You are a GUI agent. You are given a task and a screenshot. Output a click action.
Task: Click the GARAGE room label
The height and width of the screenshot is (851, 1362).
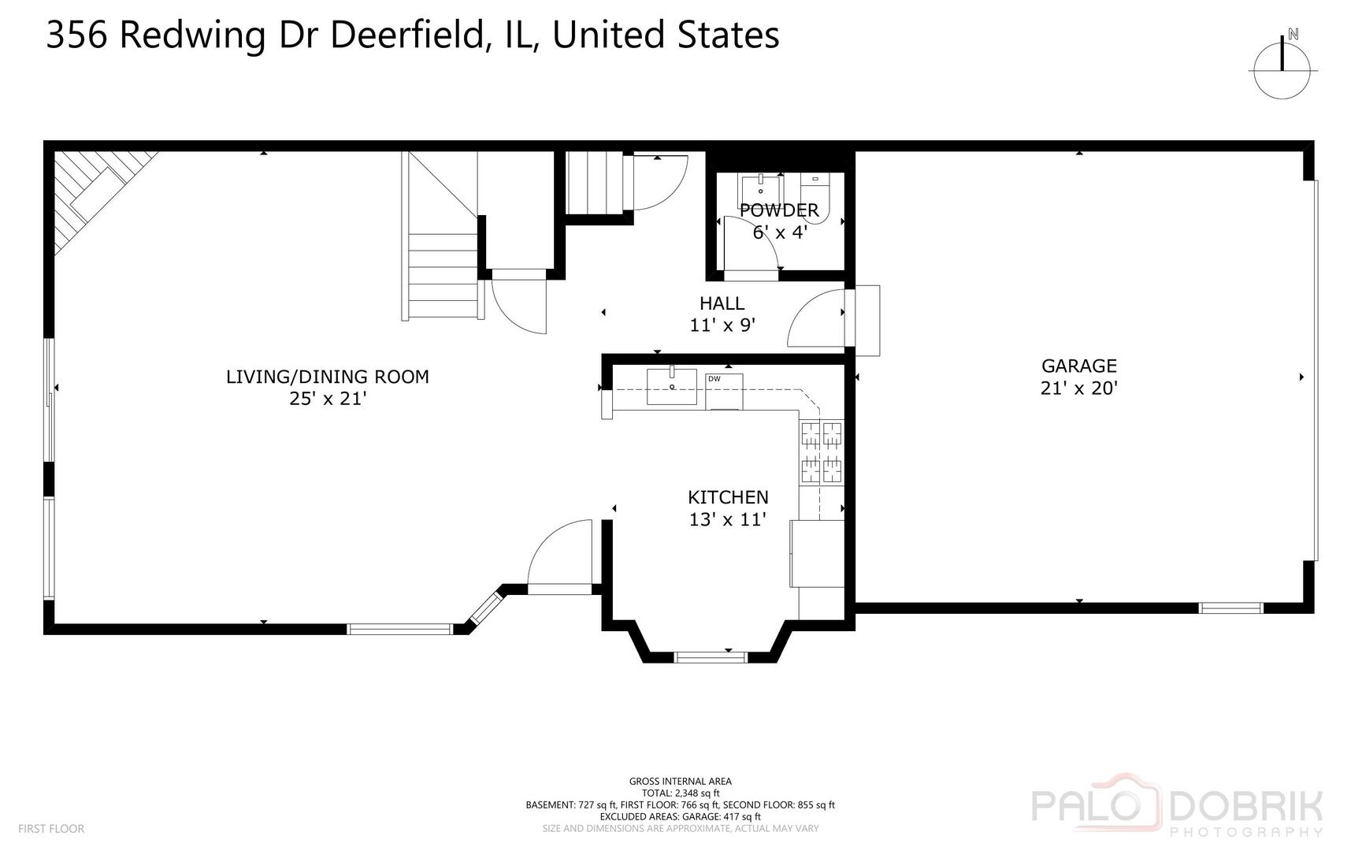point(1078,366)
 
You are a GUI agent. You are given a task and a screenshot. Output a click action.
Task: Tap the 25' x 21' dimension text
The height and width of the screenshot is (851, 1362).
point(328,399)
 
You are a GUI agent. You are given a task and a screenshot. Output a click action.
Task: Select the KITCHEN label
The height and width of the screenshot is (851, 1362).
point(728,497)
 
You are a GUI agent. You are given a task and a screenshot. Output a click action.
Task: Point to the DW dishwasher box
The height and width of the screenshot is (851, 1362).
point(723,391)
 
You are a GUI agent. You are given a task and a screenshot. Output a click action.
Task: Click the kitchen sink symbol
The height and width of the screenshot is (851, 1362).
point(672,386)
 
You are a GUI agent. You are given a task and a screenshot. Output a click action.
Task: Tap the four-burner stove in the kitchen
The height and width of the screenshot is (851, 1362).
point(822,452)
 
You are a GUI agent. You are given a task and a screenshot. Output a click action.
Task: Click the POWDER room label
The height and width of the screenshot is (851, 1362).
point(779,210)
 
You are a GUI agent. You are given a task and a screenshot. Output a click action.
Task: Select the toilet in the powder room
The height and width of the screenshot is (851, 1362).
point(816,197)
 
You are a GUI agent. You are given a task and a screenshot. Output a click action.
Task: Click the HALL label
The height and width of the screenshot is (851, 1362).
point(722,303)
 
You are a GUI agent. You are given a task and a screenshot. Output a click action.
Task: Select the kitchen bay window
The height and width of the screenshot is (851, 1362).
point(711,656)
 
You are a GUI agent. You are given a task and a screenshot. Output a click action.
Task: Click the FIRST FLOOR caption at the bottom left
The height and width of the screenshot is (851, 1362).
point(50,829)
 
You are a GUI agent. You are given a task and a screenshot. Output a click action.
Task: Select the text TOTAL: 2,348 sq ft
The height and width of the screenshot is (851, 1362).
point(680,793)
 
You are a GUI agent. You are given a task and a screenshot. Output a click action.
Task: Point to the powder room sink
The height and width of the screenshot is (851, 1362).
point(760,189)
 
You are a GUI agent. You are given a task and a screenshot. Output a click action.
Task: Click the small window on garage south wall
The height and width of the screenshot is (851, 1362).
point(1230,608)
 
